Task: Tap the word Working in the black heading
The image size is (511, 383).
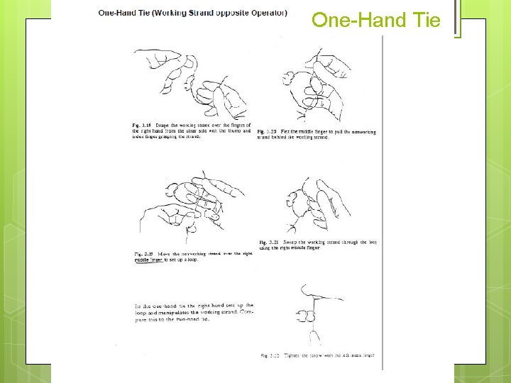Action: coord(183,12)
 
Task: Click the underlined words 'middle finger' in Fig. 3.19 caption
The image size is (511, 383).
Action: coord(149,260)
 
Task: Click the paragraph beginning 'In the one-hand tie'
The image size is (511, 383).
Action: coord(193,311)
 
